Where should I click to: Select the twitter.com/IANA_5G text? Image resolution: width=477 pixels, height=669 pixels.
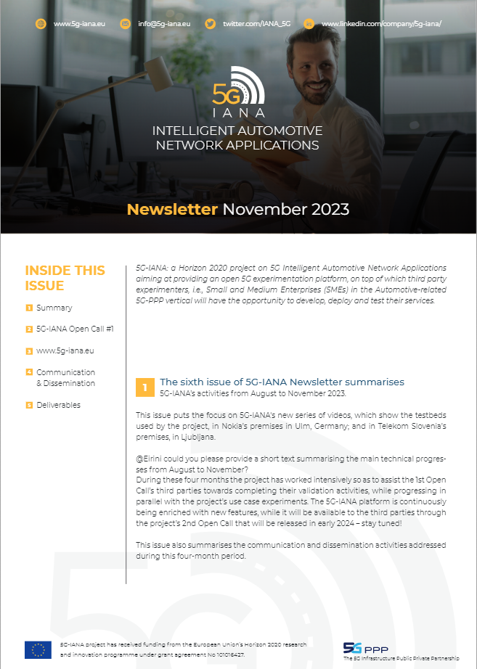pos(256,24)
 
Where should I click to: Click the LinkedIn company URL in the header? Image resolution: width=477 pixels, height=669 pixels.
pos(381,24)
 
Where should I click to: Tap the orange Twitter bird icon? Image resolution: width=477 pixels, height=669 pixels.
pos(210,24)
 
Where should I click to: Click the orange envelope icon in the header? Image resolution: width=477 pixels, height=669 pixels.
pos(125,24)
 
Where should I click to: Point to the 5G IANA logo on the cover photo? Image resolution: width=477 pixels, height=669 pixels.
pos(238,92)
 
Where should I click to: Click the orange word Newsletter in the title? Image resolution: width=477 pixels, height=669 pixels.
pos(172,210)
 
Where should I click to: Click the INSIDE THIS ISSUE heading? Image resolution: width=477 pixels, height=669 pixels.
pos(65,278)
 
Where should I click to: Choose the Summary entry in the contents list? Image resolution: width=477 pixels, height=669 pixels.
pos(54,308)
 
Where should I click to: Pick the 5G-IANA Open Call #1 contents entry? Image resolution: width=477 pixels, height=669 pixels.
pos(75,329)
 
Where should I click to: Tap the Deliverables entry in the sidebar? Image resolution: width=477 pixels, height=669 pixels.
pos(58,405)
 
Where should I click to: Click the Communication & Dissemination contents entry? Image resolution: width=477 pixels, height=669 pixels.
pos(65,377)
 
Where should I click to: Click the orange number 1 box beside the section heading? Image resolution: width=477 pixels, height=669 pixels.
pos(144,387)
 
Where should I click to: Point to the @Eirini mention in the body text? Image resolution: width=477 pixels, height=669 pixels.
pos(151,459)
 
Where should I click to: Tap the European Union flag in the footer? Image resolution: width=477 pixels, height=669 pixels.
pos(38,649)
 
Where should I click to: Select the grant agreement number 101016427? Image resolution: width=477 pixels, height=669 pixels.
pos(224,654)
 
